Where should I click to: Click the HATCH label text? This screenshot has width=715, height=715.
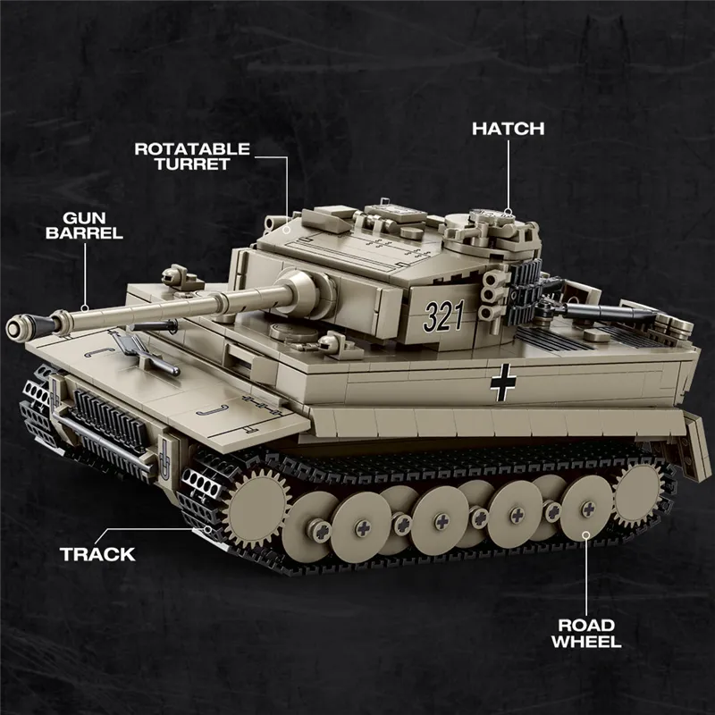click(508, 128)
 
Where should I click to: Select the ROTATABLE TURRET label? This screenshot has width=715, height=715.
click(192, 156)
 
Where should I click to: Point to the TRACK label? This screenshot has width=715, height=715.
click(97, 554)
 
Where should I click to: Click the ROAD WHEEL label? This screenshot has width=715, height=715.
click(585, 633)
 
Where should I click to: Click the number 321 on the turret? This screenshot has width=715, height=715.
click(445, 315)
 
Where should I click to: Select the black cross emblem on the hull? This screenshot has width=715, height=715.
click(504, 383)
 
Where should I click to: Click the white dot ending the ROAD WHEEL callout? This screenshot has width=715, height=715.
click(586, 534)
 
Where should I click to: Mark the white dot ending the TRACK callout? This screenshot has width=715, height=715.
click(207, 529)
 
